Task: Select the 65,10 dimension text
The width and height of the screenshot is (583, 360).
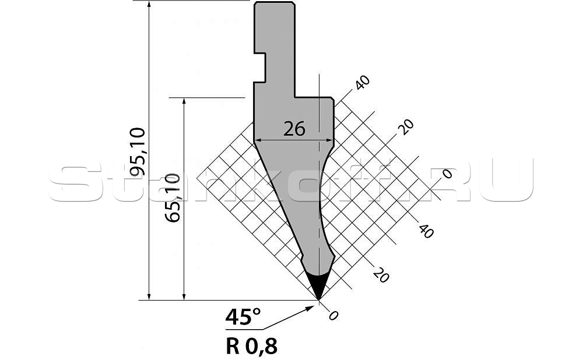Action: point(173,197)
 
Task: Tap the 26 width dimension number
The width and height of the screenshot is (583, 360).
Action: point(294,129)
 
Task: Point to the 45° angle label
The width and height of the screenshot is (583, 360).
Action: point(243,317)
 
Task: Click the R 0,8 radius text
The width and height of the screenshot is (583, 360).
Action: point(251,347)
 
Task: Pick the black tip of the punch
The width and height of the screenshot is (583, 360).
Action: point(318,285)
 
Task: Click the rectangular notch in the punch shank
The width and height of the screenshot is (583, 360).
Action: point(260,68)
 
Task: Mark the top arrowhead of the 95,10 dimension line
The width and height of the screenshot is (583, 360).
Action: point(149,5)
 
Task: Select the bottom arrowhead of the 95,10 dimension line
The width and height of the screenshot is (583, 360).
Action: point(149,295)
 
